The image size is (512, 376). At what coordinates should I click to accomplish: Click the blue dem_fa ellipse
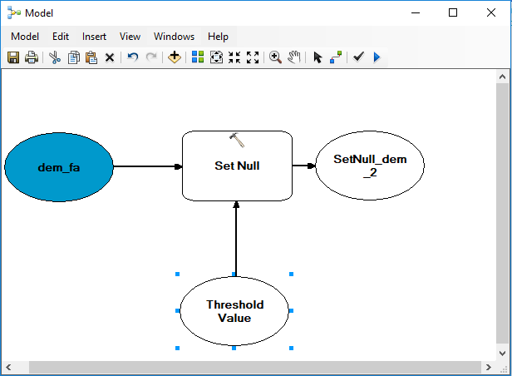(x=59, y=167)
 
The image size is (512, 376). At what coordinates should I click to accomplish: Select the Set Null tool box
(x=237, y=166)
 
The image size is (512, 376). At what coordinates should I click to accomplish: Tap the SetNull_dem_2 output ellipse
(x=370, y=166)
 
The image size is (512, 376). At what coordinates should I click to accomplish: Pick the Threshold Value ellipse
(x=234, y=311)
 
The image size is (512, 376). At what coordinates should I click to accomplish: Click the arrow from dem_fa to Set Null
(x=148, y=166)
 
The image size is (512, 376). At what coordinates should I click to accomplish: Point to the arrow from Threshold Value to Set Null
(x=236, y=239)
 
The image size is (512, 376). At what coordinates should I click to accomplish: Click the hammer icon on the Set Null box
(x=237, y=140)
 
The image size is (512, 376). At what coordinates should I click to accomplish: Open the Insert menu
(x=94, y=37)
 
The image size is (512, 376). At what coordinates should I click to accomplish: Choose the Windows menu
(x=174, y=37)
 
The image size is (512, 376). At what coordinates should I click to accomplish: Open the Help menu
(x=218, y=37)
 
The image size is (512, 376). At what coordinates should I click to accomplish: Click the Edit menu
(x=61, y=37)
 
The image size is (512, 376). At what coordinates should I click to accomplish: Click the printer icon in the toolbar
(x=32, y=57)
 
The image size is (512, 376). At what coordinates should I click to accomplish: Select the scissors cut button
(x=55, y=57)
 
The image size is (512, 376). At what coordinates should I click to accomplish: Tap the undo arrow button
(x=133, y=57)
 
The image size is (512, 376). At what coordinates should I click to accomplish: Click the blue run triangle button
(x=377, y=57)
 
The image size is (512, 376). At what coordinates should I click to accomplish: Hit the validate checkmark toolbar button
(x=358, y=57)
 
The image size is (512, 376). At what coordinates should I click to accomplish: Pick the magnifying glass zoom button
(x=275, y=57)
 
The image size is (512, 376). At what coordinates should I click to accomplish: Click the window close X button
(x=491, y=12)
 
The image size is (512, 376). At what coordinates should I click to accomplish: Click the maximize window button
(x=453, y=12)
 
